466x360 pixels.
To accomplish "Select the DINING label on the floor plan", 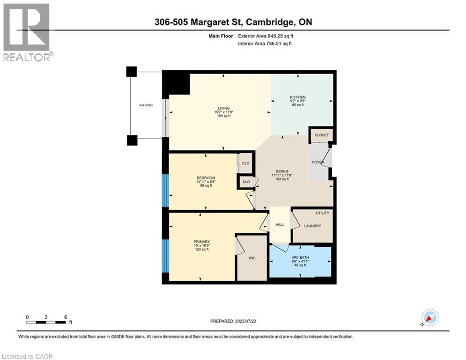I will coord(281,171).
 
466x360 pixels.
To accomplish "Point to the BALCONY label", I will coord(146,105).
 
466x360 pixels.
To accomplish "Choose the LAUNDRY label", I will coord(312,226).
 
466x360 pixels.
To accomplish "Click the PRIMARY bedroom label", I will coord(202,242).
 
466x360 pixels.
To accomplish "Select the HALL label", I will coord(280,225).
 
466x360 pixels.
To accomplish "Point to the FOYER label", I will coord(318,162).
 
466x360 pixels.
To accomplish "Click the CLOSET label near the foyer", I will coord(322,135).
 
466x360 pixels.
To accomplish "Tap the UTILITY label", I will coord(322,213).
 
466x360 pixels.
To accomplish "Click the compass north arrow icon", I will coord(429,318).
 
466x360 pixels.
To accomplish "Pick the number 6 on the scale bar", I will coord(65,317).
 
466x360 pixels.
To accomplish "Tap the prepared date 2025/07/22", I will coord(249,321).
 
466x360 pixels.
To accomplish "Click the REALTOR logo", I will coord(27,32).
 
